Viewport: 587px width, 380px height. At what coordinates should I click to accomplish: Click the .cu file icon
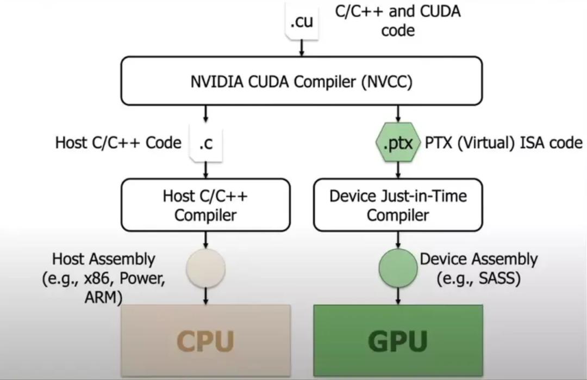click(302, 22)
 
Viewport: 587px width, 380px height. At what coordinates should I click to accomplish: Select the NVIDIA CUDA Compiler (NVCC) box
click(301, 81)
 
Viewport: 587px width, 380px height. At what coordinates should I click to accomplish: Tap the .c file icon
click(206, 143)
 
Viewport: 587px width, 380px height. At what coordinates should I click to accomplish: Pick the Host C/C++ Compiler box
click(205, 205)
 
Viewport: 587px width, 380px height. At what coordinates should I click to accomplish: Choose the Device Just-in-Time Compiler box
click(398, 205)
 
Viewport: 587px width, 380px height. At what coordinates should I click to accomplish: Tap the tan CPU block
click(205, 340)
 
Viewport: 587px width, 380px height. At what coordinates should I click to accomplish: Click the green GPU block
click(398, 340)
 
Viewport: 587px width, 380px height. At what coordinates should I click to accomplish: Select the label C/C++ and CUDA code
click(398, 20)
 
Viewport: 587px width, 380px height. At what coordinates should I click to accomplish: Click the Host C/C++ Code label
click(118, 143)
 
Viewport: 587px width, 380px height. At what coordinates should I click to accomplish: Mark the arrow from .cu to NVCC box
click(302, 48)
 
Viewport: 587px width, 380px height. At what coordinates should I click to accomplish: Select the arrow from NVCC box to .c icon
click(206, 114)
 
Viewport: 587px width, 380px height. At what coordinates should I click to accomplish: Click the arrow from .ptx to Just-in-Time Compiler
click(398, 170)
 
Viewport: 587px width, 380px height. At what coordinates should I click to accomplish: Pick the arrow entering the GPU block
click(398, 296)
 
